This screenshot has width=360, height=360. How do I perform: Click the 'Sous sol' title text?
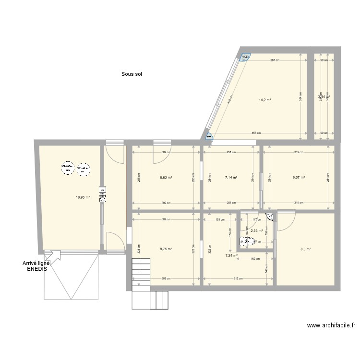click(132, 74)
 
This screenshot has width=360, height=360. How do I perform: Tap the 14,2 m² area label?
click(265, 100)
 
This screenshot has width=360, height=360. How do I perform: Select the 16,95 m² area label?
click(83, 197)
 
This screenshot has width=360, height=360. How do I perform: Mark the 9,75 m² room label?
click(166, 249)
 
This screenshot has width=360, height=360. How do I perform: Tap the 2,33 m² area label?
click(257, 231)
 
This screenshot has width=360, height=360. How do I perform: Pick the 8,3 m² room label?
click(305, 249)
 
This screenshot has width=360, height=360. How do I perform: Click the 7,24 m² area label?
click(231, 256)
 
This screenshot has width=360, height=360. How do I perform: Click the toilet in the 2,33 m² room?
click(249, 242)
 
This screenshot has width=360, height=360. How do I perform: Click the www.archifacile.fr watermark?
click(332, 325)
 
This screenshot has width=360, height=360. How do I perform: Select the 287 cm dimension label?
click(275, 60)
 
